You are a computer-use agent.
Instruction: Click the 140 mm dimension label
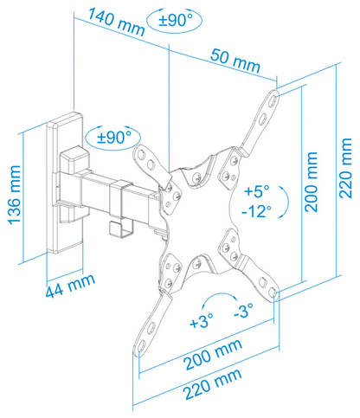[x=116, y=22]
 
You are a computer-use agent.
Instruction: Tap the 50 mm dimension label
[x=235, y=61]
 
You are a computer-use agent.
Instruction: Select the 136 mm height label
[x=15, y=196]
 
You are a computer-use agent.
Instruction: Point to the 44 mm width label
[x=70, y=286]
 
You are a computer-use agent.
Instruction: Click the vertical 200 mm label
[x=312, y=182]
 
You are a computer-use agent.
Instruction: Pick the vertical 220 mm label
[x=345, y=168]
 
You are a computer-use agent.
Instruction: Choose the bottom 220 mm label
[x=212, y=384]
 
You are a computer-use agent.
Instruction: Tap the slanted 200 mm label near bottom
[x=213, y=355]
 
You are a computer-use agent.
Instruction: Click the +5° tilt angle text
[x=256, y=190]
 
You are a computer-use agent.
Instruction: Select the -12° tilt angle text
[x=256, y=211]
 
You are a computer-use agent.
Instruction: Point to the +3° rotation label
[x=202, y=320]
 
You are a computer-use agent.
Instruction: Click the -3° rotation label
[x=243, y=310]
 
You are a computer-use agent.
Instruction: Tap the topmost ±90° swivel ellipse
[x=175, y=21]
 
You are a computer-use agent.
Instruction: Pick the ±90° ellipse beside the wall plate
[x=113, y=138]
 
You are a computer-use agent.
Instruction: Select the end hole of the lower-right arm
[x=273, y=293]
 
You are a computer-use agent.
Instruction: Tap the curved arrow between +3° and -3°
[x=220, y=297]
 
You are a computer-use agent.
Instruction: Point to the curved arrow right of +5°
[x=286, y=202]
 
